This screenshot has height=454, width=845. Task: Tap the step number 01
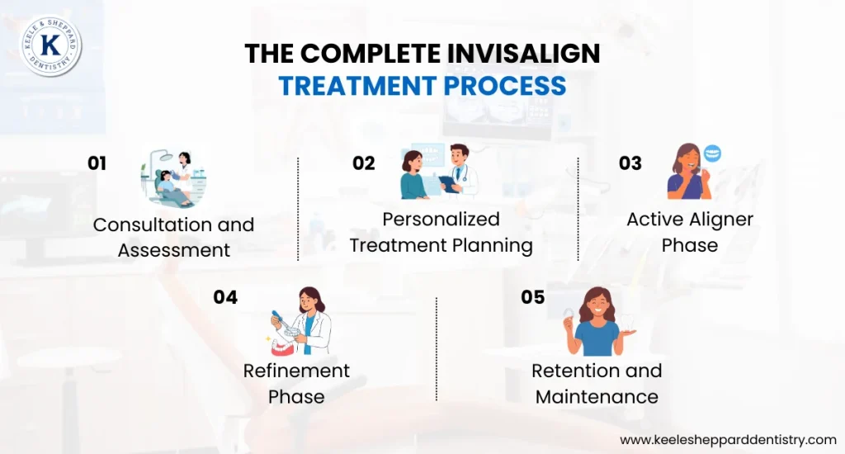pyautogui.click(x=97, y=163)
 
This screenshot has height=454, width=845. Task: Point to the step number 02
pyautogui.click(x=363, y=163)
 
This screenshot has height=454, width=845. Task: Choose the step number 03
pyautogui.click(x=630, y=163)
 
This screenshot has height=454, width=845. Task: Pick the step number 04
pyautogui.click(x=225, y=297)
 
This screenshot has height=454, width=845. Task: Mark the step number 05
pyautogui.click(x=533, y=297)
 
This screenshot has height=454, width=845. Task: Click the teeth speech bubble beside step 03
pyautogui.click(x=712, y=154)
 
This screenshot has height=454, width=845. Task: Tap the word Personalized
pyautogui.click(x=441, y=220)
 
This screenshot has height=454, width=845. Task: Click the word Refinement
pyautogui.click(x=296, y=371)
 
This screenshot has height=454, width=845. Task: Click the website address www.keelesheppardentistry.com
pyautogui.click(x=728, y=439)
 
